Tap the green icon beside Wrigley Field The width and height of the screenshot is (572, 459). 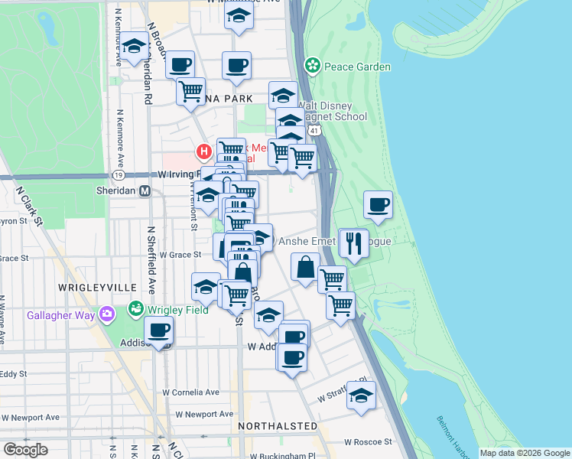tap(136, 309)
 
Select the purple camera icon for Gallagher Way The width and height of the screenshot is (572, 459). tap(108, 314)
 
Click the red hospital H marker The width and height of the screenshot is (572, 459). tap(203, 151)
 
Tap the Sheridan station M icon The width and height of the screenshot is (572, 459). tap(144, 190)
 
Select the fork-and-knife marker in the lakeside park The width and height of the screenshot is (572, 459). tap(353, 243)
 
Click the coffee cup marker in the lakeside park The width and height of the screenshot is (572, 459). tap(378, 204)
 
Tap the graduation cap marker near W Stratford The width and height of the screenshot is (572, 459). tap(361, 395)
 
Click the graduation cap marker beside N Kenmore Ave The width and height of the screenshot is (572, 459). tap(134, 47)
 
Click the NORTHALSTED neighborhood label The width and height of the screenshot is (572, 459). tap(277, 425)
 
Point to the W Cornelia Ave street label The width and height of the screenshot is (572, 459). tap(190, 392)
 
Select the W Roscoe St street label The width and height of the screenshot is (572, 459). tap(367, 441)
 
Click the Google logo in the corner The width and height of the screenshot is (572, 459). tap(26, 449)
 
